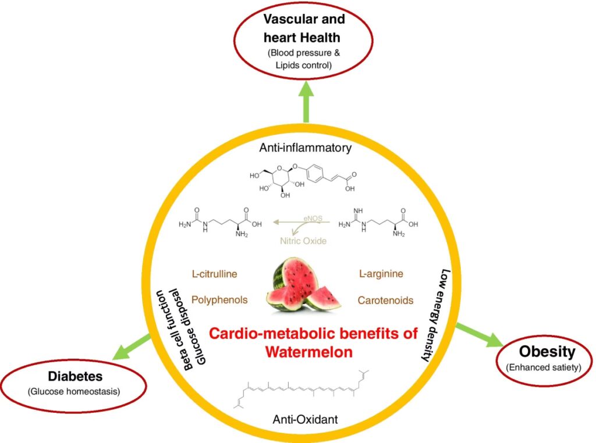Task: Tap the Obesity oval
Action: coord(547,358)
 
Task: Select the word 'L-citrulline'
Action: coord(215,274)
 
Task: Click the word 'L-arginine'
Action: coord(382,273)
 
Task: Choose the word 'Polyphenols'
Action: coord(219,300)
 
